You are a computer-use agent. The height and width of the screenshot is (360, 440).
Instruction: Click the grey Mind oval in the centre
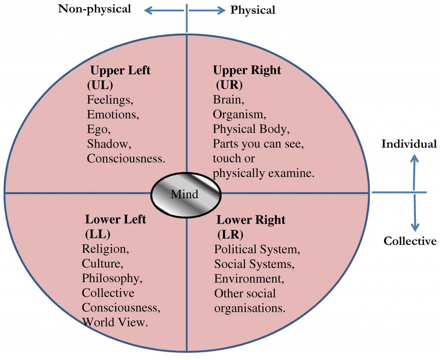(186, 194)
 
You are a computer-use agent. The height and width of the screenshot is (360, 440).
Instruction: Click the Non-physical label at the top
(95, 9)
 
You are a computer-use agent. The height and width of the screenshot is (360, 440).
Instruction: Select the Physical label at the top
(253, 9)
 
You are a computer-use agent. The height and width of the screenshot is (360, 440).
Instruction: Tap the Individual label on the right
(409, 144)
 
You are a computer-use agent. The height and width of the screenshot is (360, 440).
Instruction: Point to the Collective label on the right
(410, 241)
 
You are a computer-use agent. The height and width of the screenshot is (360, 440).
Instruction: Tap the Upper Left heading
(120, 70)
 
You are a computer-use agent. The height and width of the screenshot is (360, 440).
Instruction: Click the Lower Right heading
(251, 220)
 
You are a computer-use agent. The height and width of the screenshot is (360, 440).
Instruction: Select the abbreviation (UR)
(228, 85)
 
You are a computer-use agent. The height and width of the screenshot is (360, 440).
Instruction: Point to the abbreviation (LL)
(98, 234)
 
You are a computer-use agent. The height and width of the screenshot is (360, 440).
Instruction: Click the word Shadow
(105, 144)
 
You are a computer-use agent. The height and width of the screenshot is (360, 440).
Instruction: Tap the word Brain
(226, 100)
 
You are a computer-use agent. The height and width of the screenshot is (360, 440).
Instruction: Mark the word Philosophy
(112, 278)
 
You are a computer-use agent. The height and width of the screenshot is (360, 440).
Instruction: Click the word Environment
(249, 278)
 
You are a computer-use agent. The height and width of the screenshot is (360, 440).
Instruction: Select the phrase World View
(115, 322)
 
